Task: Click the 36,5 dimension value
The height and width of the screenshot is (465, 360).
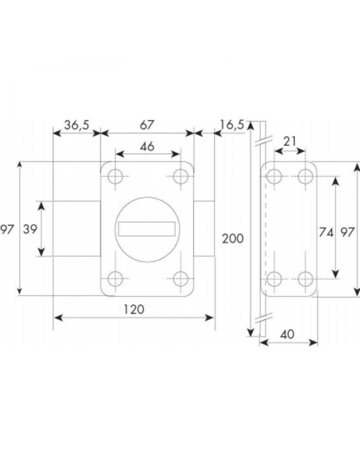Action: pyautogui.click(x=76, y=125)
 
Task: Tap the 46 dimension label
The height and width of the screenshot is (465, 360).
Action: pyautogui.click(x=147, y=146)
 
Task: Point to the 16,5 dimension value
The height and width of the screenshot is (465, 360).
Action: pyautogui.click(x=232, y=125)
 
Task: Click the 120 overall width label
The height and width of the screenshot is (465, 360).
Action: pyautogui.click(x=134, y=309)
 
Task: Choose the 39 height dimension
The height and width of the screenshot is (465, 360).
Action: pyautogui.click(x=30, y=230)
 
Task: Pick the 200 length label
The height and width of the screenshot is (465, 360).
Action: pyautogui.click(x=233, y=239)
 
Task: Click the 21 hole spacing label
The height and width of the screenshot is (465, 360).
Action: pyautogui.click(x=290, y=142)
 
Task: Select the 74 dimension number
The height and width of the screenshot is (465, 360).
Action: pyautogui.click(x=326, y=232)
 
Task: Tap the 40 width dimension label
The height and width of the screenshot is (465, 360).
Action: pyautogui.click(x=287, y=335)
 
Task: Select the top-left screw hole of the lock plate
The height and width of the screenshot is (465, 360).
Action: pyautogui.click(x=115, y=177)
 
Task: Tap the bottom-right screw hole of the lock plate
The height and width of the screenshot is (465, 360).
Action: pyautogui.click(x=180, y=279)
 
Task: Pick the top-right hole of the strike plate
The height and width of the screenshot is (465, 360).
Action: pyautogui.click(x=306, y=177)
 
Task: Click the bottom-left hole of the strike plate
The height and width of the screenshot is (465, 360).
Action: pyautogui.click(x=274, y=279)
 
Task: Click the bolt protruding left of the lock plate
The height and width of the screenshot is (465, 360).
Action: pyautogui.click(x=76, y=229)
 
